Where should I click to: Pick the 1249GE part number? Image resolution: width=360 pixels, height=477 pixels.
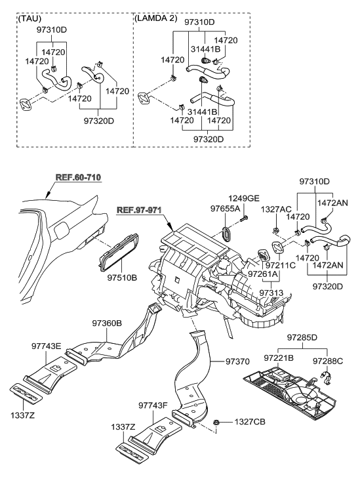(x=244, y=199)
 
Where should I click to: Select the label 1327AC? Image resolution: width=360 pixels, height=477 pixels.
(x=275, y=209)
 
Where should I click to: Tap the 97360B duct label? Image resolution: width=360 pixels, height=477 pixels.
(x=108, y=323)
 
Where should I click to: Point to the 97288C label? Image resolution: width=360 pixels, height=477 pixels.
(x=327, y=360)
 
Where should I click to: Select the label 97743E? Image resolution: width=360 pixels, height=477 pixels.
(x=47, y=346)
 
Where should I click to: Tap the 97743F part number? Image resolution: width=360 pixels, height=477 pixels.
(x=153, y=405)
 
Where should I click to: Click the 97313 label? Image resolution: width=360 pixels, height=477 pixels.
(x=271, y=293)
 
